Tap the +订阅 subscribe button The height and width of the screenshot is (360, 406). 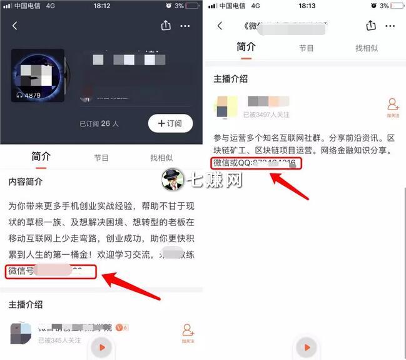pyautogui.click(x=170, y=123)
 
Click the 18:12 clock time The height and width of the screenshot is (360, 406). pyautogui.click(x=101, y=6)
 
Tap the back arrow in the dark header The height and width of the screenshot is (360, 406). pyautogui.click(x=15, y=26)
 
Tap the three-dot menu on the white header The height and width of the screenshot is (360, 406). pyautogui.click(x=390, y=26)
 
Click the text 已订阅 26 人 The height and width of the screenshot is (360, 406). pyautogui.click(x=99, y=123)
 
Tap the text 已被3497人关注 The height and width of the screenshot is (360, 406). pyautogui.click(x=269, y=115)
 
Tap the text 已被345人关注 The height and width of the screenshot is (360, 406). pyautogui.click(x=62, y=340)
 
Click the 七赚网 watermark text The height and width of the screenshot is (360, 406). pyautogui.click(x=218, y=180)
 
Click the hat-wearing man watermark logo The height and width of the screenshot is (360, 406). pyautogui.click(x=173, y=180)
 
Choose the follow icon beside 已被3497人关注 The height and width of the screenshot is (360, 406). pyautogui.click(x=393, y=107)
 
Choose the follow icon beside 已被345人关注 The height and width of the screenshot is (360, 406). pyautogui.click(x=188, y=333)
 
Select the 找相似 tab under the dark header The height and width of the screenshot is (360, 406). pyautogui.click(x=161, y=158)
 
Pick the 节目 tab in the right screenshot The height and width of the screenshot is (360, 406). pyautogui.click(x=306, y=48)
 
